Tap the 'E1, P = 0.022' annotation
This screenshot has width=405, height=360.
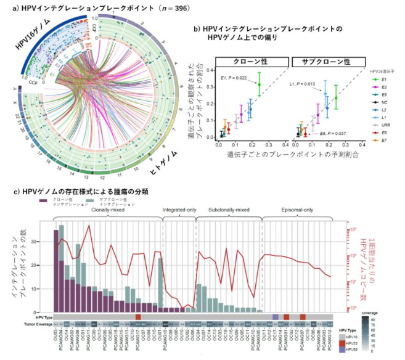pyautogui.click(x=234, y=78)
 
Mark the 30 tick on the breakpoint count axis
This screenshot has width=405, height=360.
pyautogui.click(x=49, y=242)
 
